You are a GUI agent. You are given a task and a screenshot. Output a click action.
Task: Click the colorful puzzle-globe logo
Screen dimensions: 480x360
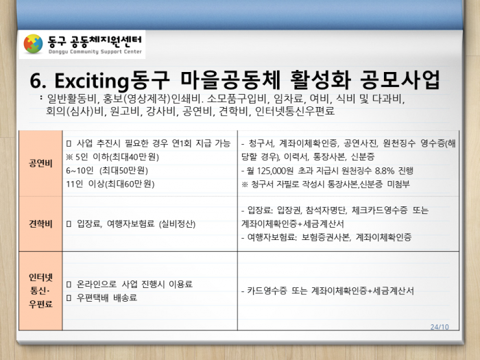click(33, 44)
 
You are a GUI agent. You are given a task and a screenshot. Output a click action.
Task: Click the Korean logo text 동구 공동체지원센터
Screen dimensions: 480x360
click(95, 41)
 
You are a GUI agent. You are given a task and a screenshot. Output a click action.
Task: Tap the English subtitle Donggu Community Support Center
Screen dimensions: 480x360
click(95, 51)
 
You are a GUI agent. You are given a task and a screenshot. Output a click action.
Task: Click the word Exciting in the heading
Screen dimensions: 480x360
click(91, 81)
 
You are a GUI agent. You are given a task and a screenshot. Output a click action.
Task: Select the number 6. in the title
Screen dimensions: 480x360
click(38, 81)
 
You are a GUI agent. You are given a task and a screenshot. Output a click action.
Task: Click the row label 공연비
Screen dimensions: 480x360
click(40, 163)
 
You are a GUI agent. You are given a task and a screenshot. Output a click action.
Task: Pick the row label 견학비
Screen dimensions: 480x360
click(40, 224)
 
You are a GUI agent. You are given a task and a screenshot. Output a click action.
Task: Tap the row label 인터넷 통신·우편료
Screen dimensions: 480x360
click(40, 291)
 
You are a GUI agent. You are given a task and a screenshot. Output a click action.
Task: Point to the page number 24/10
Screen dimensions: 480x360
click(440, 327)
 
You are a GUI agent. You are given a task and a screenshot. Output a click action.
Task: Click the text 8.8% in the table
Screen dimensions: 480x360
click(385, 171)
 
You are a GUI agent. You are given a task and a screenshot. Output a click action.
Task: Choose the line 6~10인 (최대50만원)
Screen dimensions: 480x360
click(107, 171)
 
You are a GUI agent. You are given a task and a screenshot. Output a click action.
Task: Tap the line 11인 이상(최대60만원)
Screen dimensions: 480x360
click(110, 184)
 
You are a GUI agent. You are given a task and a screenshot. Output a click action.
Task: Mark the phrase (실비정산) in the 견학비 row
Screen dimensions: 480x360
click(177, 224)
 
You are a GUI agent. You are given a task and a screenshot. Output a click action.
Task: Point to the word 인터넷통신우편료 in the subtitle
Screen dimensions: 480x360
click(295, 110)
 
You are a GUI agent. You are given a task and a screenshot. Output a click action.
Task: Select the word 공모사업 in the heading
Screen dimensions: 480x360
click(400, 80)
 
